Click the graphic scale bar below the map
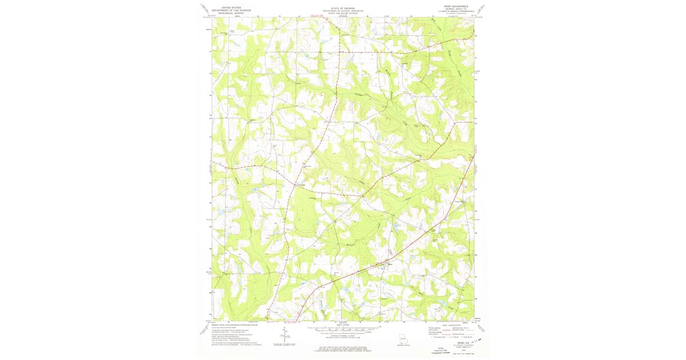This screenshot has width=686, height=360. tap(343, 329)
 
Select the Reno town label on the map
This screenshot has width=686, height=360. tap(391, 263)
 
